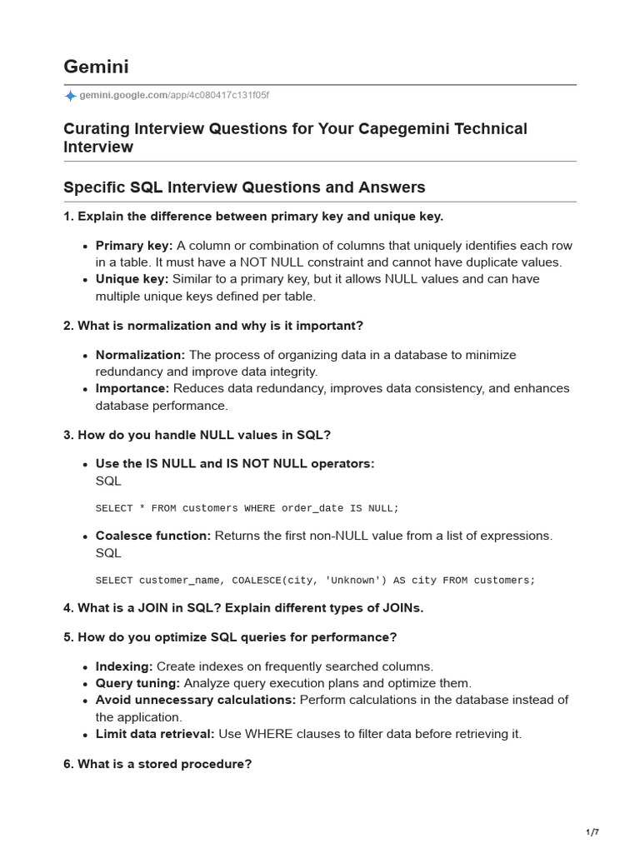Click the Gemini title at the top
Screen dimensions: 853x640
(96, 67)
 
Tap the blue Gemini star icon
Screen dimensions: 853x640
(70, 96)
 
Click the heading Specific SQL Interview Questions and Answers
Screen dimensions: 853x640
(244, 187)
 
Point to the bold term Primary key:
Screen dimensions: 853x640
(134, 246)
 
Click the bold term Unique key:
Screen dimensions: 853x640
(132, 279)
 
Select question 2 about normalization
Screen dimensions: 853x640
(213, 326)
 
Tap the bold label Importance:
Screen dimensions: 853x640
(132, 388)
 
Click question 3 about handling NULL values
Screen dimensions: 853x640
(197, 435)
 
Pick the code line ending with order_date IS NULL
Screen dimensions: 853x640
(247, 508)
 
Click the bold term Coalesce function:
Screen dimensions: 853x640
(153, 536)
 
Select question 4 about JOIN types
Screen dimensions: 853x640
(243, 608)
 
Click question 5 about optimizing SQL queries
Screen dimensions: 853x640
(230, 637)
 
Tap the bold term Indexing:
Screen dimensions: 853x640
(124, 666)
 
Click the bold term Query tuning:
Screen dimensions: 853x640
(137, 683)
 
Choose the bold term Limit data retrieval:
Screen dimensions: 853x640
(155, 734)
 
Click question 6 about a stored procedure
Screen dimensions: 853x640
(157, 764)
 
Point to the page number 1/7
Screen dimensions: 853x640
(592, 832)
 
